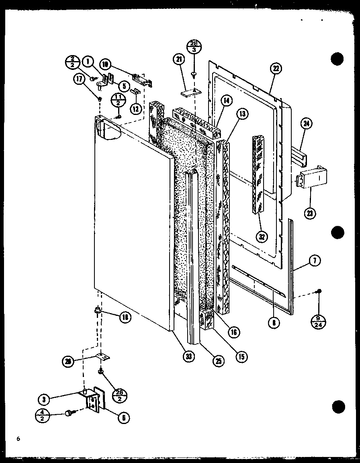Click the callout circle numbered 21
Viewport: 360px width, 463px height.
(178, 60)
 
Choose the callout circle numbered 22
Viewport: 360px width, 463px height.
(275, 69)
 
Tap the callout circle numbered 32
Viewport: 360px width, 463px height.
(262, 236)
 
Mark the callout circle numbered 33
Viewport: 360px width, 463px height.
(187, 356)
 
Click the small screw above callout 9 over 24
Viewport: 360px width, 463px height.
(319, 291)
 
